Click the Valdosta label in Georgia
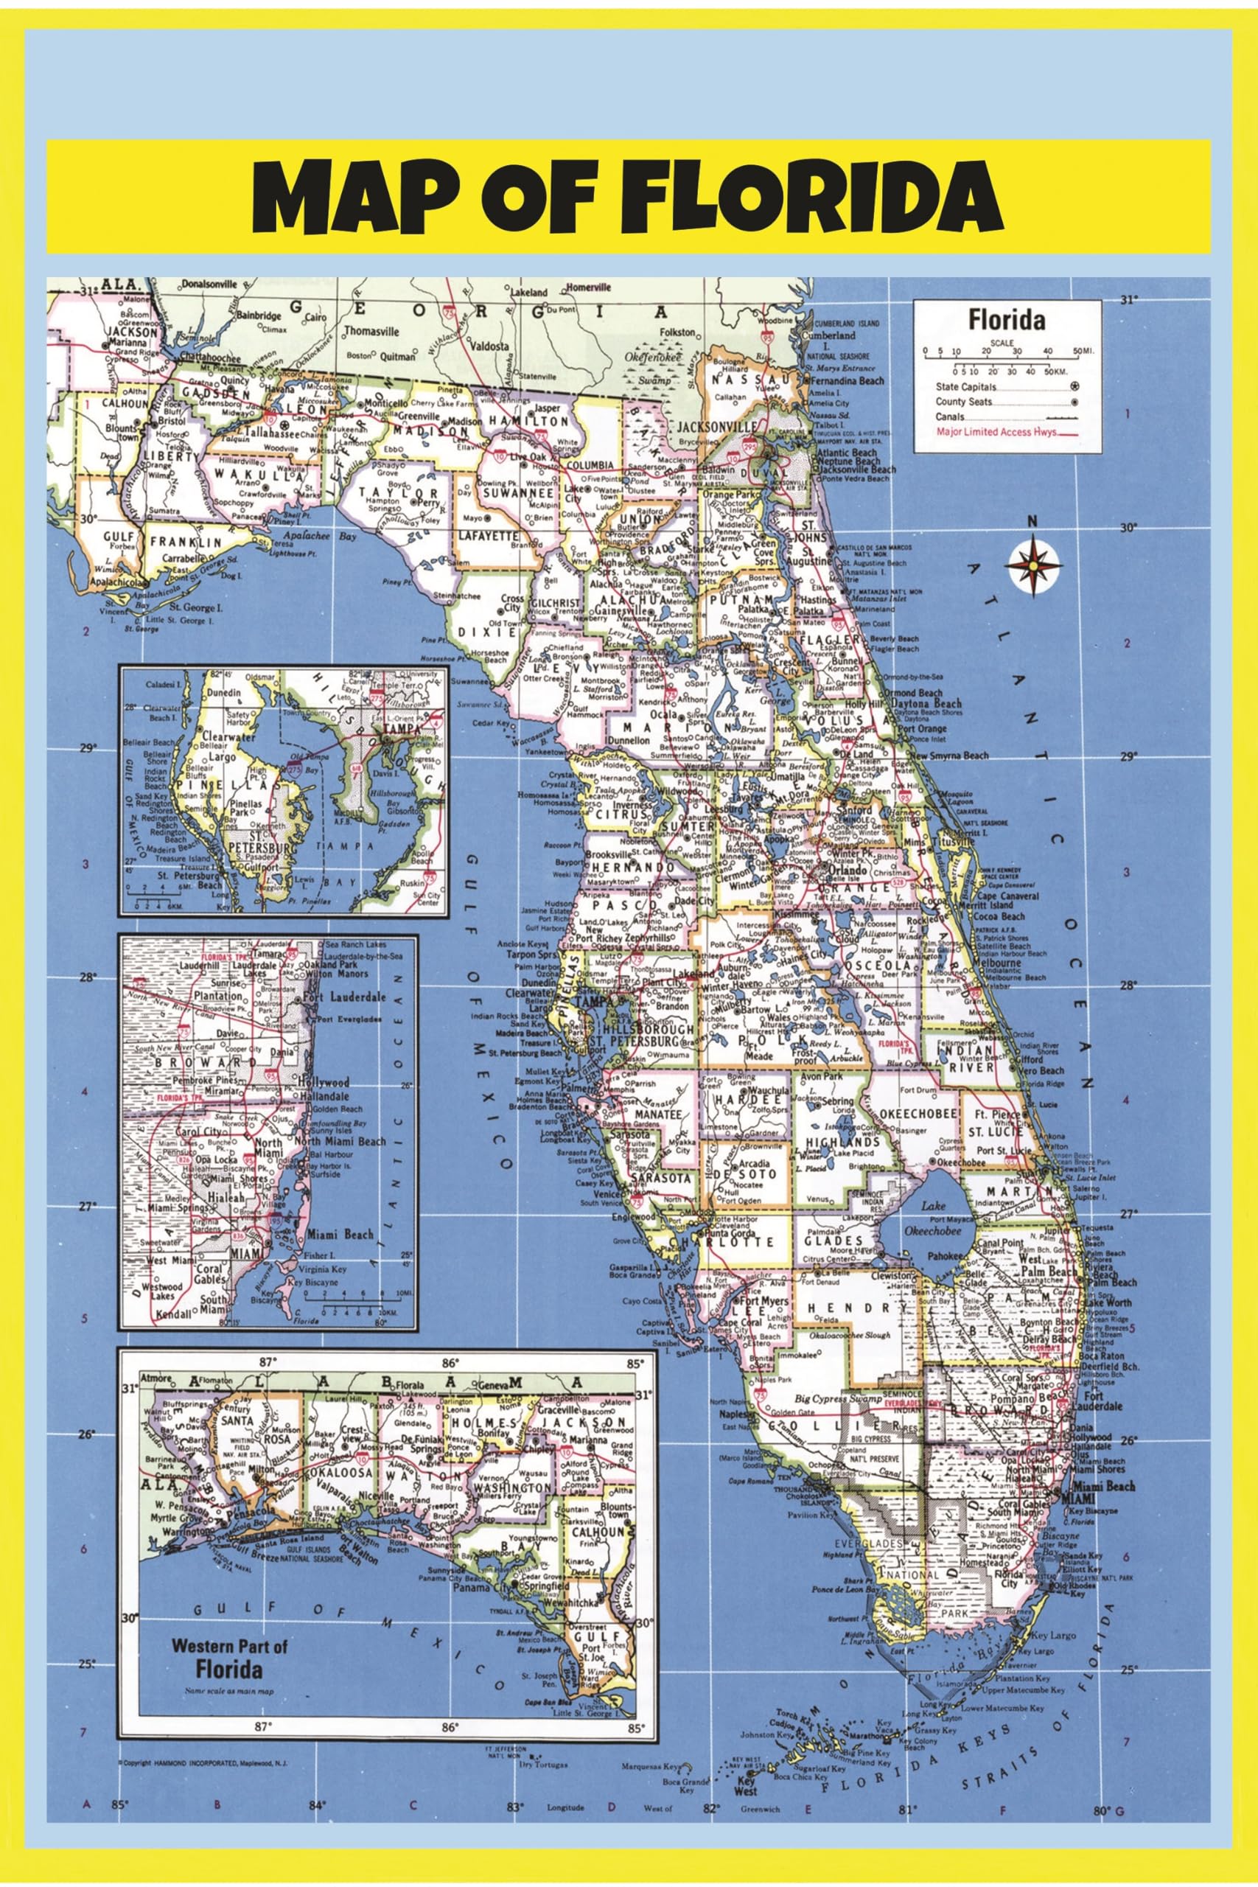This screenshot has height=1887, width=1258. point(489,346)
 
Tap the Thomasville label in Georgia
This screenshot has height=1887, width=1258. point(371,330)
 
